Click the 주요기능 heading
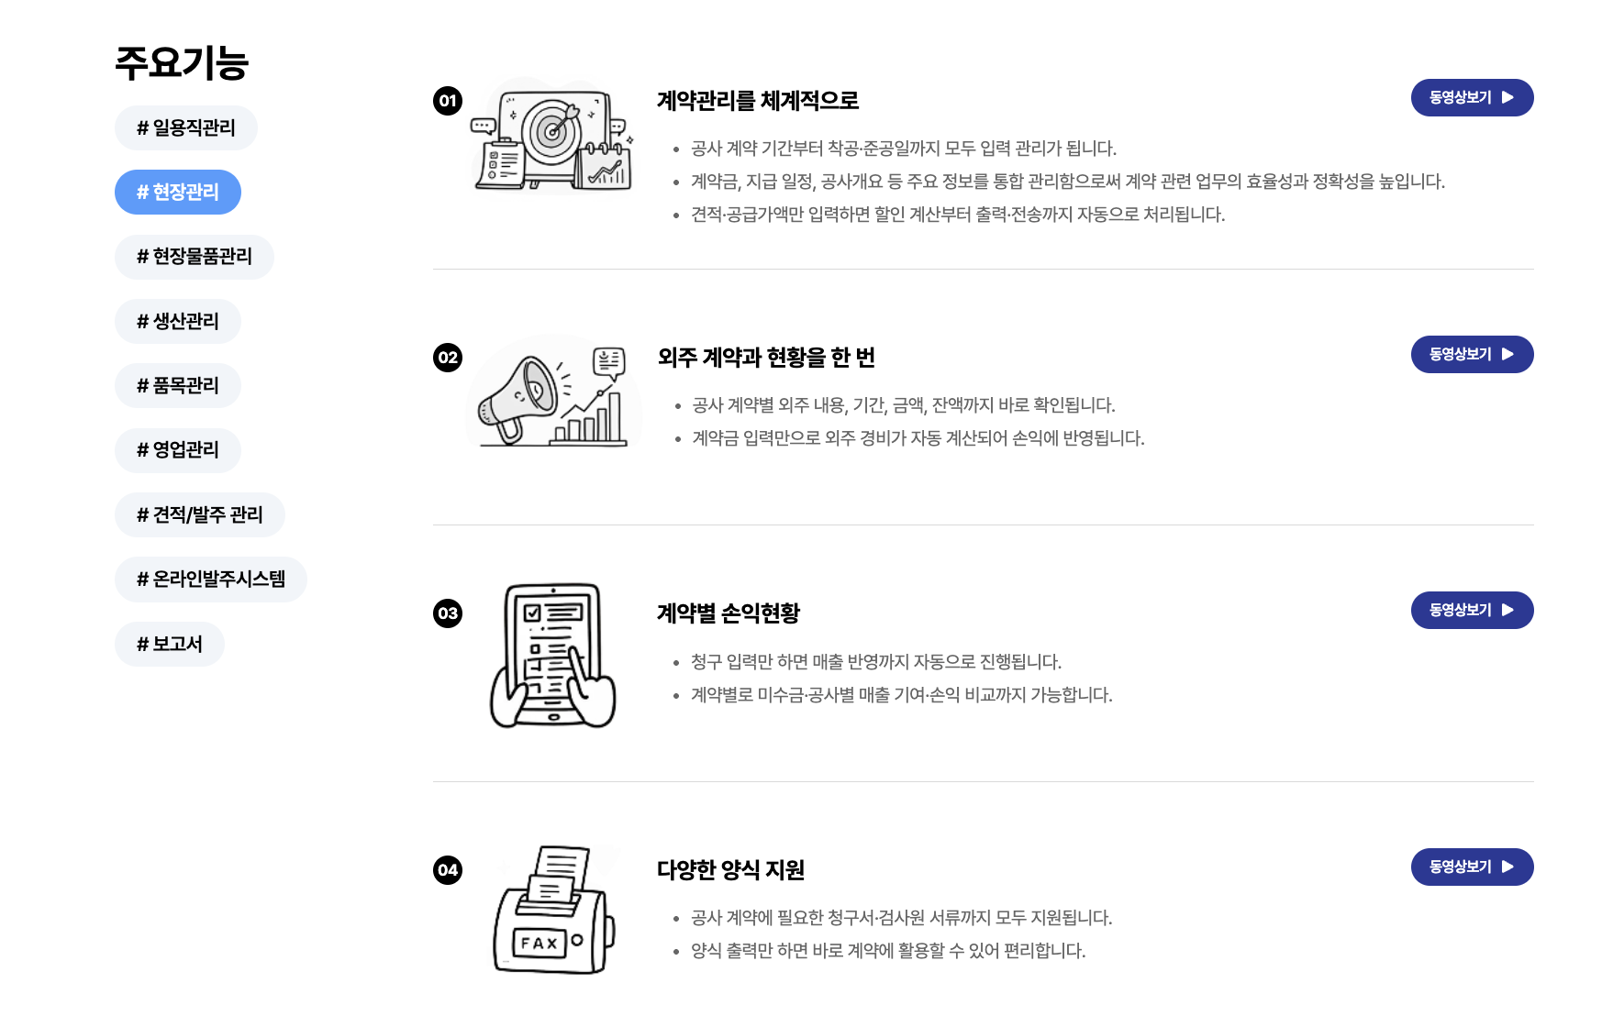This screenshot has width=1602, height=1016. click(x=182, y=63)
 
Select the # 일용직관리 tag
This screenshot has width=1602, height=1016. click(x=185, y=128)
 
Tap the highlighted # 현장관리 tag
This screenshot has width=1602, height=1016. click(x=177, y=193)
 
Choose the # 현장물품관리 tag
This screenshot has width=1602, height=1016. click(x=194, y=257)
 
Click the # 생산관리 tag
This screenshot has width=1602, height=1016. click(x=177, y=322)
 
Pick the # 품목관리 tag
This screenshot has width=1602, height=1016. click(x=177, y=386)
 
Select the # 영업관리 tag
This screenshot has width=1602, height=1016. click(x=177, y=450)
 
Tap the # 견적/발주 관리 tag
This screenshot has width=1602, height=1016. click(x=199, y=515)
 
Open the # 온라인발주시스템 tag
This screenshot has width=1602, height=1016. click(x=210, y=580)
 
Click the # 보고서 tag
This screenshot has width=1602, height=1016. click(x=169, y=645)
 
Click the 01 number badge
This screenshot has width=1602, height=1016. click(x=448, y=101)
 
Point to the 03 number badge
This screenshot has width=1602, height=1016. click(x=448, y=613)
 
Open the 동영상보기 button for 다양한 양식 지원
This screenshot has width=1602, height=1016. click(x=1472, y=867)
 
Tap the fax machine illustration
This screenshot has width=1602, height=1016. click(x=553, y=912)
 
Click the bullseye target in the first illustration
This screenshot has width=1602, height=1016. click(x=552, y=131)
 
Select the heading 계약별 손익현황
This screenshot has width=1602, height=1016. click(x=729, y=613)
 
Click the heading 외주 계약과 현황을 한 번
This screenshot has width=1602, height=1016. click(x=766, y=358)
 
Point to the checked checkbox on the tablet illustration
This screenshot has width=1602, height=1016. click(x=533, y=613)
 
